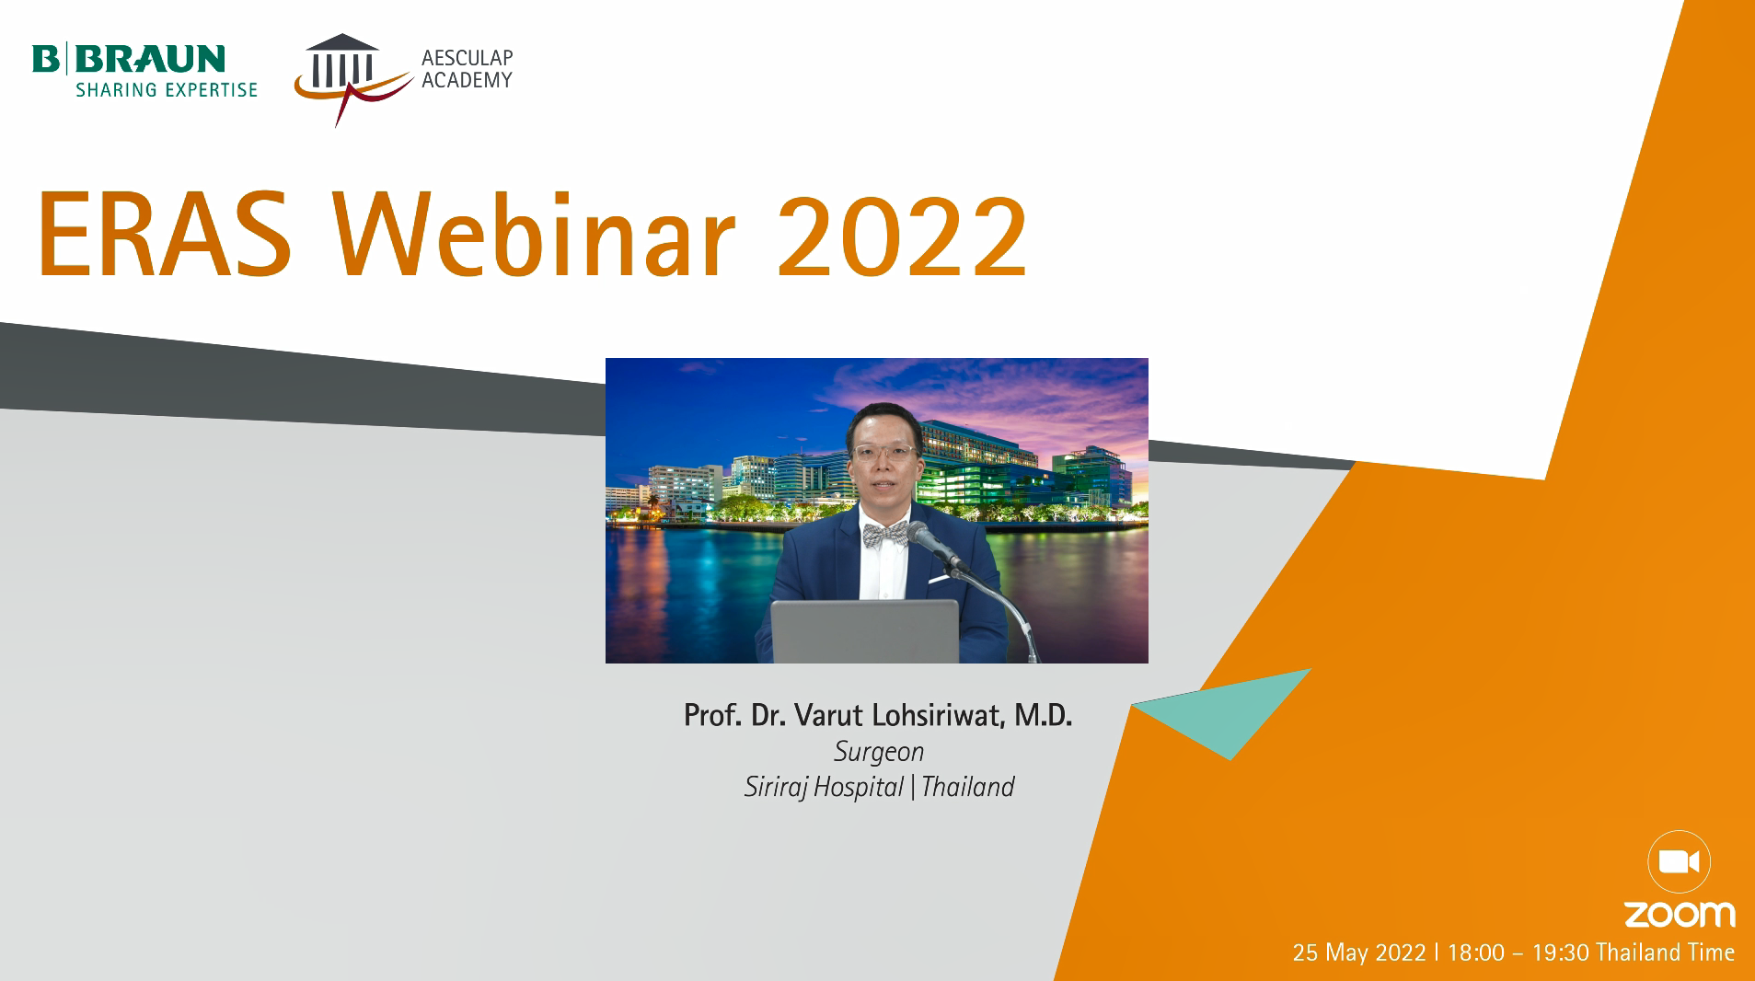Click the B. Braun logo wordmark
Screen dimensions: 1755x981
click(x=129, y=59)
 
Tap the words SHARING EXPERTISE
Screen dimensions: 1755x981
click(x=167, y=90)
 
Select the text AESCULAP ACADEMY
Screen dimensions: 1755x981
click(x=467, y=69)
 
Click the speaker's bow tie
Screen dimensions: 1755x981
click(x=885, y=535)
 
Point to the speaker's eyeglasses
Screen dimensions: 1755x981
click(x=883, y=452)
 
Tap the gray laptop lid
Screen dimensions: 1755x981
click(x=864, y=631)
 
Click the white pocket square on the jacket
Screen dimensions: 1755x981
click(x=939, y=579)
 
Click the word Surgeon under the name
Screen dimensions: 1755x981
click(x=879, y=752)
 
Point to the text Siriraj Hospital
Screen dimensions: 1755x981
click(x=824, y=787)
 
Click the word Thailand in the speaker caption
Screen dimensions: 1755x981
click(x=968, y=787)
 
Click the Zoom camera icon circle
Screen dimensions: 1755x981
click(x=1679, y=862)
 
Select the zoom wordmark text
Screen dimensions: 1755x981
click(x=1680, y=915)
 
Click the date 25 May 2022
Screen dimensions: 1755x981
click(x=1359, y=952)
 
